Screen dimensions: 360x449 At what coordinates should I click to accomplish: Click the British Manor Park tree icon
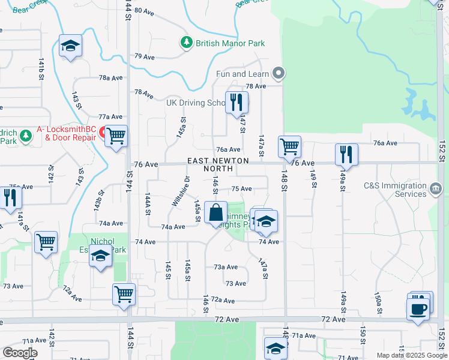click(187, 43)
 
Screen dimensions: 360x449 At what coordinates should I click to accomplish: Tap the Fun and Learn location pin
click(278, 74)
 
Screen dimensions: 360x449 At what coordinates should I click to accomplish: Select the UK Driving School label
click(196, 103)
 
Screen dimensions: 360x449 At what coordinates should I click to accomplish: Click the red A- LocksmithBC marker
click(103, 131)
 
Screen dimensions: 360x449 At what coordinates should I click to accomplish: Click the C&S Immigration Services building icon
click(436, 190)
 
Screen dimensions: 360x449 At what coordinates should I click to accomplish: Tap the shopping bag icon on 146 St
click(215, 213)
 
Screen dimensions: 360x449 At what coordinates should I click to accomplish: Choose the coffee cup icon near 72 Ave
click(418, 308)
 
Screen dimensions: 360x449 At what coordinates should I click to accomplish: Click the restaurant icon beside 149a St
click(346, 154)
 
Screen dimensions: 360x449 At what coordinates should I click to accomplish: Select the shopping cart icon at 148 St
click(289, 146)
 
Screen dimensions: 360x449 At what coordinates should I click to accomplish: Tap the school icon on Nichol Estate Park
click(100, 257)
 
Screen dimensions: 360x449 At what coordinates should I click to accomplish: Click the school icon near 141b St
click(70, 46)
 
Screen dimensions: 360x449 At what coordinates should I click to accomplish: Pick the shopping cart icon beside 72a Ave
click(124, 294)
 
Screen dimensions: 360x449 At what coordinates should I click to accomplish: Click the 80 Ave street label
click(145, 10)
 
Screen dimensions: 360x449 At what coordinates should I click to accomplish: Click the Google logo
click(20, 353)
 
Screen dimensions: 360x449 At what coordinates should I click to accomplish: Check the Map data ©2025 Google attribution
click(411, 355)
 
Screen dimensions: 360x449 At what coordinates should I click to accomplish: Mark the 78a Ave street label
click(111, 78)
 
